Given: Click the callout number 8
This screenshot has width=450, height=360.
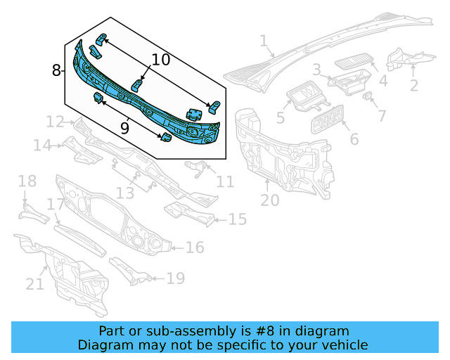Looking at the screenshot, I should (x=57, y=70).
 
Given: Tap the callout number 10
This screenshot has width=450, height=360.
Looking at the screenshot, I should (x=160, y=60).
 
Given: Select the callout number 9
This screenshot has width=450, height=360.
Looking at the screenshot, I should (x=125, y=128).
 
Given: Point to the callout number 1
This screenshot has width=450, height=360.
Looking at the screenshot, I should (x=263, y=42).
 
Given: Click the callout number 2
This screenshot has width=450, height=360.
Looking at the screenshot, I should (x=413, y=86).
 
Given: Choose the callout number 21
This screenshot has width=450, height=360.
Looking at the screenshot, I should (x=34, y=283).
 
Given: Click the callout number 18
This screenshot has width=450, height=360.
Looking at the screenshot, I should (x=27, y=181).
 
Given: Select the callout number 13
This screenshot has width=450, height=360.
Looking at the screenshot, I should (x=125, y=193).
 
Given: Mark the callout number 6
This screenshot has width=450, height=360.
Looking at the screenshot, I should (x=354, y=139).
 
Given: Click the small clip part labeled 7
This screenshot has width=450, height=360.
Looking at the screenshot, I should (x=368, y=96).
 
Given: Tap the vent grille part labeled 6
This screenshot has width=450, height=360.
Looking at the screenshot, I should (x=328, y=120).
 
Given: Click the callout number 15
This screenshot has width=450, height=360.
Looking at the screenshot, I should (x=238, y=220).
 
